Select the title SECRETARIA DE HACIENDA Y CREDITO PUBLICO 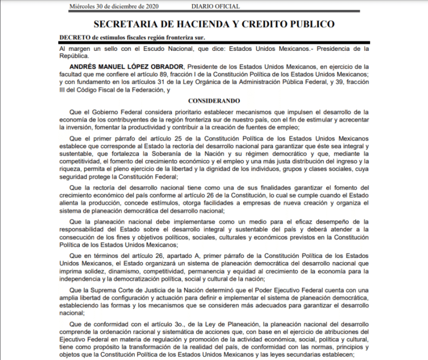pyautogui.click(x=214, y=24)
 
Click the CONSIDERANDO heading pyautogui.click(x=214, y=101)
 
